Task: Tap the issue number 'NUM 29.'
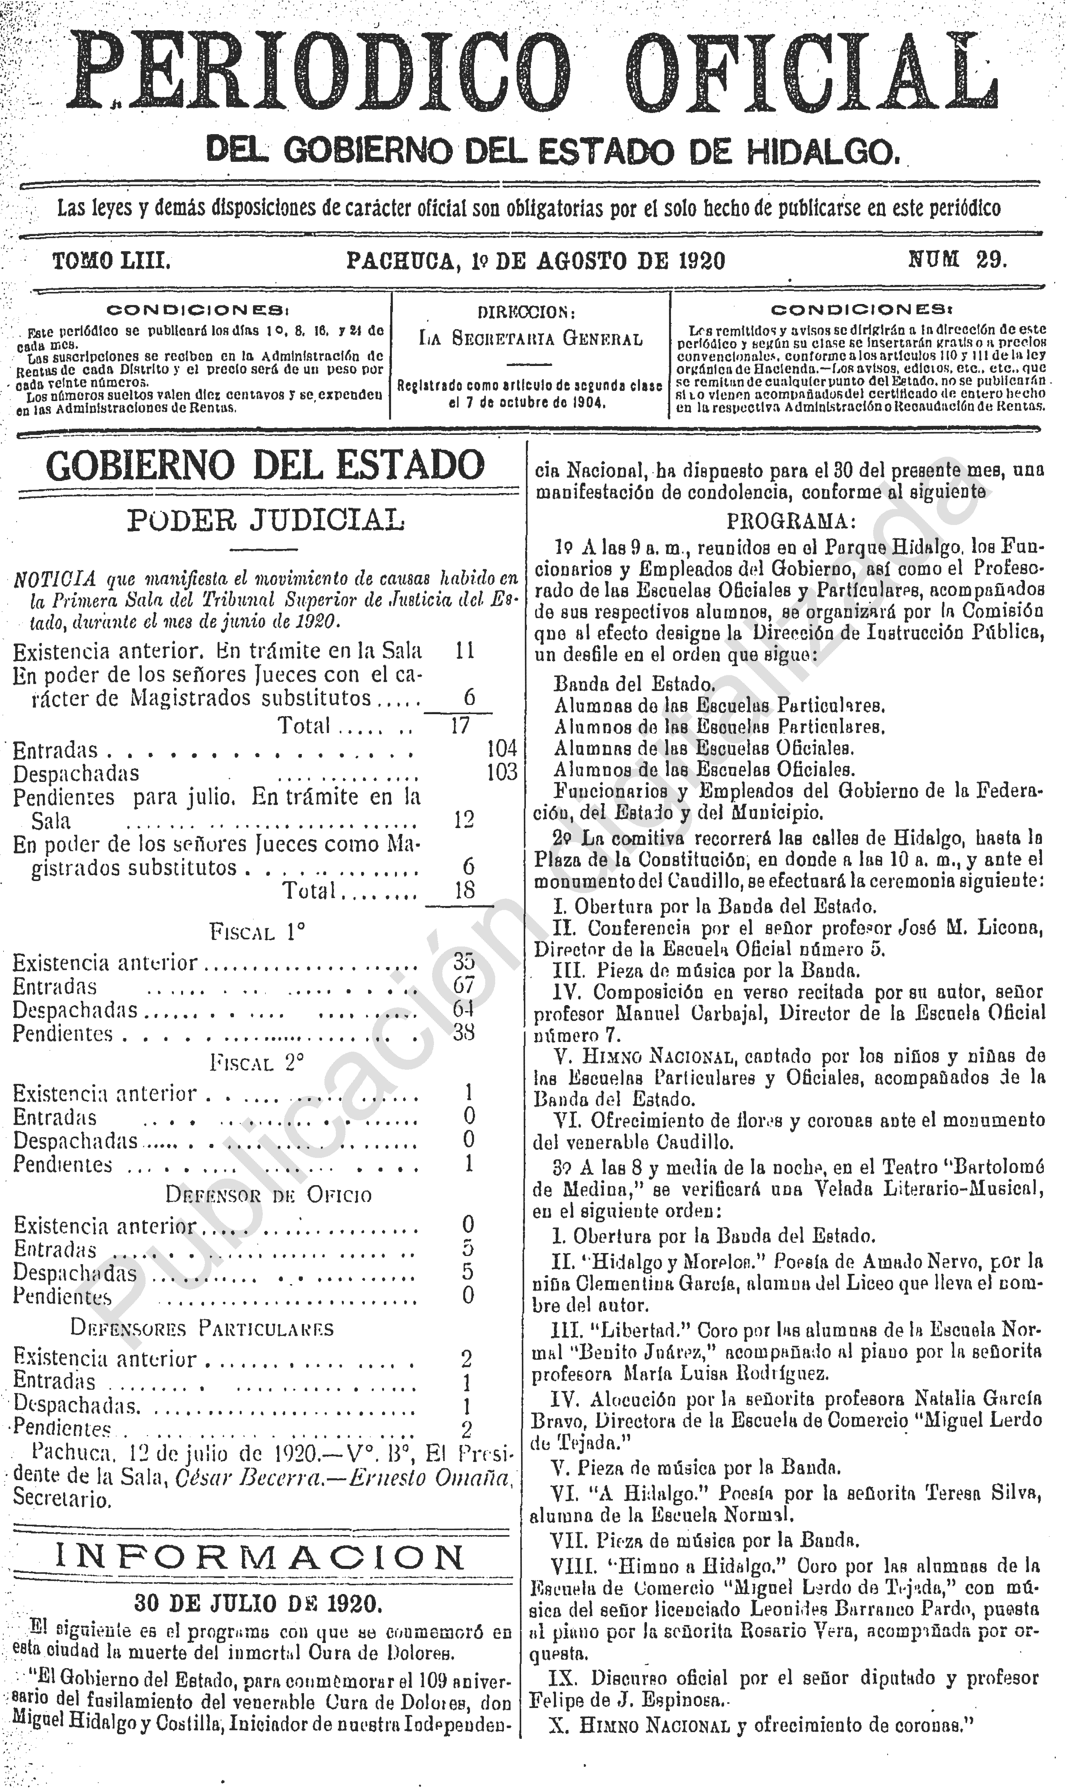(957, 260)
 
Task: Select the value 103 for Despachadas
(502, 772)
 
